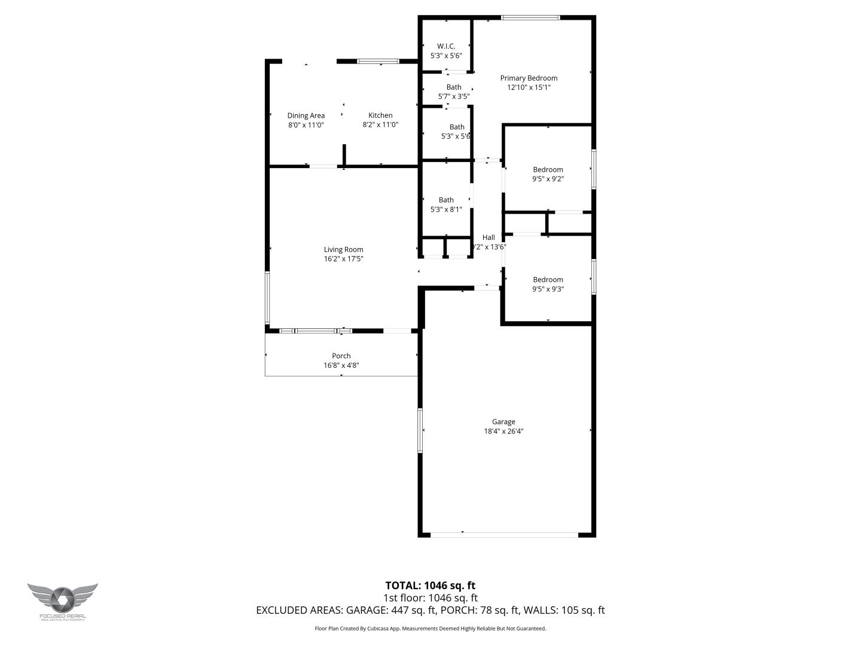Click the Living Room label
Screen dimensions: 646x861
pos(343,249)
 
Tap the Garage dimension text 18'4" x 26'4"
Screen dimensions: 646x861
pos(503,431)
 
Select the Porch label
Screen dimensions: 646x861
pos(341,356)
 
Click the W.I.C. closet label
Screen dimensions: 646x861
pos(446,46)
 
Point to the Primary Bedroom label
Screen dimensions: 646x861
pos(529,78)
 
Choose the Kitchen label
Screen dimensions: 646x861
pos(380,115)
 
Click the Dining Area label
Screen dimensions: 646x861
pos(306,115)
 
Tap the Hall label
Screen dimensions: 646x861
pos(488,237)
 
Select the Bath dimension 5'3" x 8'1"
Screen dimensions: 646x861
pos(446,209)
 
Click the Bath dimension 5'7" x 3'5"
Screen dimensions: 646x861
pos(453,96)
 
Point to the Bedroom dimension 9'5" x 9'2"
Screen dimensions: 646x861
pos(548,179)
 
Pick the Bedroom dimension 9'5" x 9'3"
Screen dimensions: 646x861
pos(548,289)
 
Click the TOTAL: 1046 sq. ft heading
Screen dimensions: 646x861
pos(430,586)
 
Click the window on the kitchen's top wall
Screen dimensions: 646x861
pos(378,61)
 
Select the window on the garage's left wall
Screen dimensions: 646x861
pos(420,431)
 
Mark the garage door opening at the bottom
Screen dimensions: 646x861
pos(504,534)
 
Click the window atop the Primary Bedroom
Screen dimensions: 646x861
pos(530,17)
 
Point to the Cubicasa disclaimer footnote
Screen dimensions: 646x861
pos(430,629)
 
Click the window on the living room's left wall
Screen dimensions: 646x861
pos(267,297)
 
